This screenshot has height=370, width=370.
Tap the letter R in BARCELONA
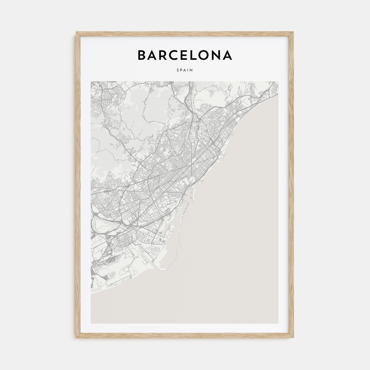(x=163, y=55)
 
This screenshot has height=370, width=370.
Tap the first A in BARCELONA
(x=152, y=55)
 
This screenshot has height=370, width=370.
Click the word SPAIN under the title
(x=185, y=70)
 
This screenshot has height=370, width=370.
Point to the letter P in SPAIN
(x=182, y=70)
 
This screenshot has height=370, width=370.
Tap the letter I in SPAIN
(x=188, y=70)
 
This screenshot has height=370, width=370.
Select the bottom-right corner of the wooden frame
(x=294, y=339)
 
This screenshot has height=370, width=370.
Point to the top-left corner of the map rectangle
(x=91, y=81)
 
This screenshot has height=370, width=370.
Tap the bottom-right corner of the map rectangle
(x=279, y=323)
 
